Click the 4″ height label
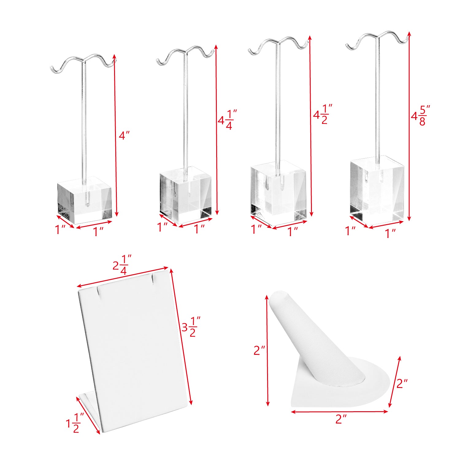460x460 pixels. pyautogui.click(x=124, y=135)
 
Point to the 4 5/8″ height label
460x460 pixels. pyautogui.click(x=421, y=115)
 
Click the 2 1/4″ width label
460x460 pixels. pyautogui.click(x=122, y=265)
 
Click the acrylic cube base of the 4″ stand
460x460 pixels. pyautogui.click(x=85, y=200)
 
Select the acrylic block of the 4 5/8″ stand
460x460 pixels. pyautogui.click(x=377, y=189)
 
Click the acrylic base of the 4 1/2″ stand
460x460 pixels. pyautogui.click(x=279, y=193)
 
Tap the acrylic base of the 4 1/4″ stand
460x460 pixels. pyautogui.click(x=186, y=195)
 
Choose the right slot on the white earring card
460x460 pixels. pyautogui.click(x=152, y=279)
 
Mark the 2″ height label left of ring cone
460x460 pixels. pyautogui.click(x=259, y=350)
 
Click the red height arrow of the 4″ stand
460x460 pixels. pyautogui.click(x=116, y=135)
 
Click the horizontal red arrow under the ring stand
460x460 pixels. pyautogui.click(x=339, y=412)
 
